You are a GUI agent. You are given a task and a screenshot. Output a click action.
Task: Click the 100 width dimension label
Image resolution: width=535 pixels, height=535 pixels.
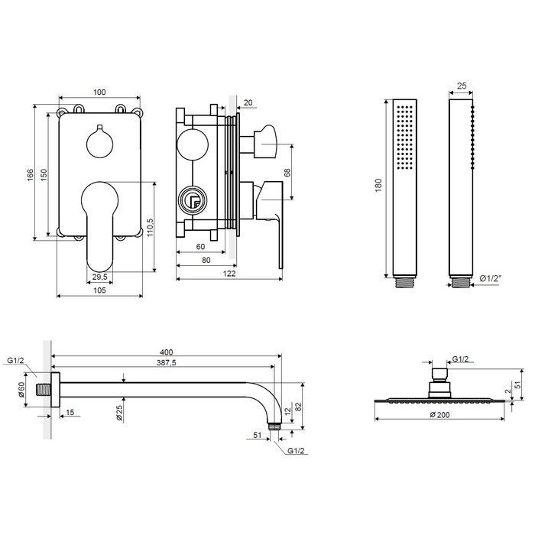(x=99, y=92)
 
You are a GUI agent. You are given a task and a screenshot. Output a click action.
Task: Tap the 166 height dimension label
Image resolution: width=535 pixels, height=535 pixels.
(x=31, y=175)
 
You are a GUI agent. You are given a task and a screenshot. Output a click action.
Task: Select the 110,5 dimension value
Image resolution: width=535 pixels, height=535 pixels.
(x=150, y=228)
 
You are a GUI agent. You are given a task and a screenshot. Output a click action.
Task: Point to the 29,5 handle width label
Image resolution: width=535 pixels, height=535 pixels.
(x=99, y=277)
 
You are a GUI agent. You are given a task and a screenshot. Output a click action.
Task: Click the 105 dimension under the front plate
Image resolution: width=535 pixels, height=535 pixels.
(x=99, y=290)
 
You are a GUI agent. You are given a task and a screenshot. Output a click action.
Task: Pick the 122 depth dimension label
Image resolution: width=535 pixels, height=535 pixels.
(x=229, y=274)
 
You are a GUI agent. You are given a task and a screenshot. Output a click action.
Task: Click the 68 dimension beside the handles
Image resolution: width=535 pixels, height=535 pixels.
(x=287, y=172)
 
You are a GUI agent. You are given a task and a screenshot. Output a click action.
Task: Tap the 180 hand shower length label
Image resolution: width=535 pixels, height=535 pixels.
(x=378, y=185)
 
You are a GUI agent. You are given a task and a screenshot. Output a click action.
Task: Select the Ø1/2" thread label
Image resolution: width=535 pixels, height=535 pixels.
(x=491, y=278)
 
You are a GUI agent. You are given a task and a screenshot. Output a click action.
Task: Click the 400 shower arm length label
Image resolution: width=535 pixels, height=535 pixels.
(x=166, y=352)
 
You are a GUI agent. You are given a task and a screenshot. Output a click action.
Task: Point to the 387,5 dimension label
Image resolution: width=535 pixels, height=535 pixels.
(x=166, y=363)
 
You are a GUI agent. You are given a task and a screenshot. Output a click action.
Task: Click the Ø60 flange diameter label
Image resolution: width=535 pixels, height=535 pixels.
(x=21, y=390)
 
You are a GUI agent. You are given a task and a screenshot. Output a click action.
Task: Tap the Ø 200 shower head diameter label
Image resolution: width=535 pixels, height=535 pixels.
(x=439, y=415)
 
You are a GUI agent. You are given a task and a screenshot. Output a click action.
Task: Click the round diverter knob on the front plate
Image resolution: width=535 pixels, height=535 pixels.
(x=99, y=143)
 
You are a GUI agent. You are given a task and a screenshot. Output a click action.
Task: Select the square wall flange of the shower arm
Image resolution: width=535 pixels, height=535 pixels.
(x=55, y=390)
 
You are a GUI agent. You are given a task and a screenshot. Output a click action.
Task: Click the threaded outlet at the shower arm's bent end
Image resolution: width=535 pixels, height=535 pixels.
(x=274, y=426)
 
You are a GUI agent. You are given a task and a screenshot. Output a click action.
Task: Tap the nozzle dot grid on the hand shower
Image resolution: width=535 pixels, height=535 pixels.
(x=404, y=137)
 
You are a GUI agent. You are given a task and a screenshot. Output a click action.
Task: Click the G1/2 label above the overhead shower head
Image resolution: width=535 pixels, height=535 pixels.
(x=460, y=359)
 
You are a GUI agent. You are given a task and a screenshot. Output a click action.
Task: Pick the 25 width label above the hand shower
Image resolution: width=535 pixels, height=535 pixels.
(x=462, y=86)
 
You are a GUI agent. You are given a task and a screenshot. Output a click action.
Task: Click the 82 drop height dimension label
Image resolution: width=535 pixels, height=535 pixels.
(x=298, y=407)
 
